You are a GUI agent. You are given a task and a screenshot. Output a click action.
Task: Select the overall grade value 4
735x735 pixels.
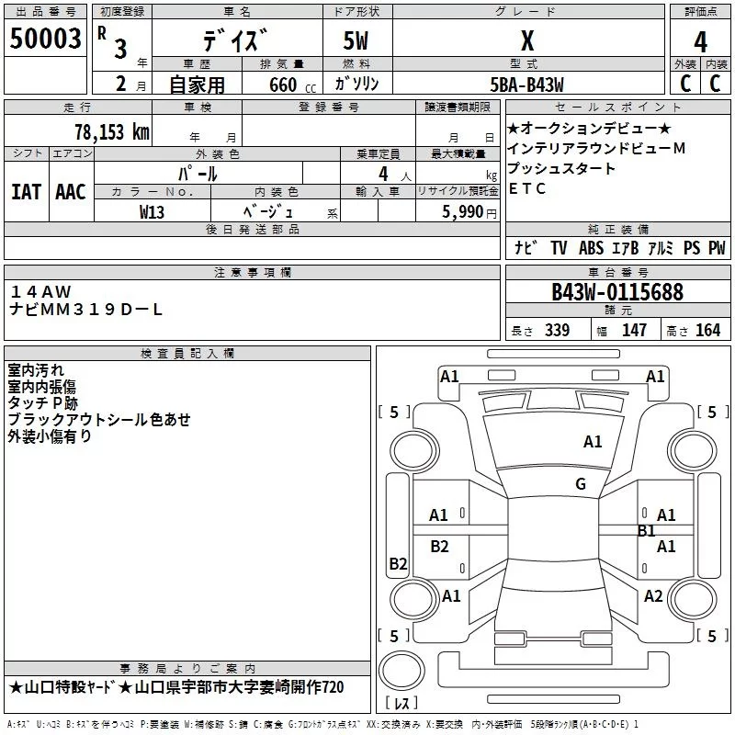point(700,41)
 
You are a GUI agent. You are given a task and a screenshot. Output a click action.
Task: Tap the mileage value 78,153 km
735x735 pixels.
point(111,131)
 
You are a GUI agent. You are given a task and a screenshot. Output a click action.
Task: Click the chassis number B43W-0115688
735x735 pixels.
point(617,292)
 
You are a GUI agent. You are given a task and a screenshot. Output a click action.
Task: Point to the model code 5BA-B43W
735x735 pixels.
point(526,85)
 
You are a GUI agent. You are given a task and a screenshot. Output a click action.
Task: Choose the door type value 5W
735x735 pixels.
point(356,41)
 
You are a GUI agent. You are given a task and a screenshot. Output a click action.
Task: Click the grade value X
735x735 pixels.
point(526,41)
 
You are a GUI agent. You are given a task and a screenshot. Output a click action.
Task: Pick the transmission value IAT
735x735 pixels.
point(26,191)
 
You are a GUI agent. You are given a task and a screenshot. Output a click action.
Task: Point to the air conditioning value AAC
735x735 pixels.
point(71,191)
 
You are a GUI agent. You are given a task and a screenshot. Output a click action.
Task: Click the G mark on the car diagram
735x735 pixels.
point(581,484)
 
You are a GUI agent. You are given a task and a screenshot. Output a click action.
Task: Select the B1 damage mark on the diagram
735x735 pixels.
point(646,530)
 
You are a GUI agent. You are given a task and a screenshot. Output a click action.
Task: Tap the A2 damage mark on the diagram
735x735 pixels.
point(653,596)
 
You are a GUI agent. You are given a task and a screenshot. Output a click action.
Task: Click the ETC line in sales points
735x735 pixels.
point(527,189)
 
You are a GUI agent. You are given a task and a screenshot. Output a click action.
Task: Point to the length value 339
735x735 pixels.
point(557,331)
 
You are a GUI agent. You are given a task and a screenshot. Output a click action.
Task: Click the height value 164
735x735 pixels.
point(707,331)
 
